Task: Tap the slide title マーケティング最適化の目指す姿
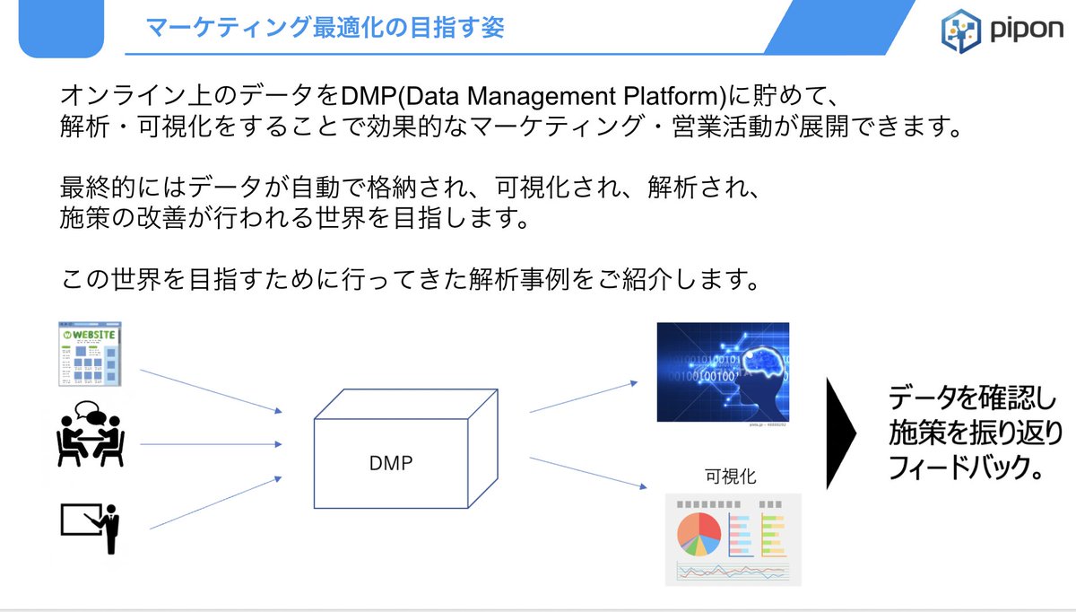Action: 325,27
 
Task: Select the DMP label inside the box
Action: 391,463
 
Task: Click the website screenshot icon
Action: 90,354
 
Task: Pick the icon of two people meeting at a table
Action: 89,435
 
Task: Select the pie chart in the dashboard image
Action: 699,534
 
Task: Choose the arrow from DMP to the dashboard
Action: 588,472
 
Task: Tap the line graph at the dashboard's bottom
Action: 731,570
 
